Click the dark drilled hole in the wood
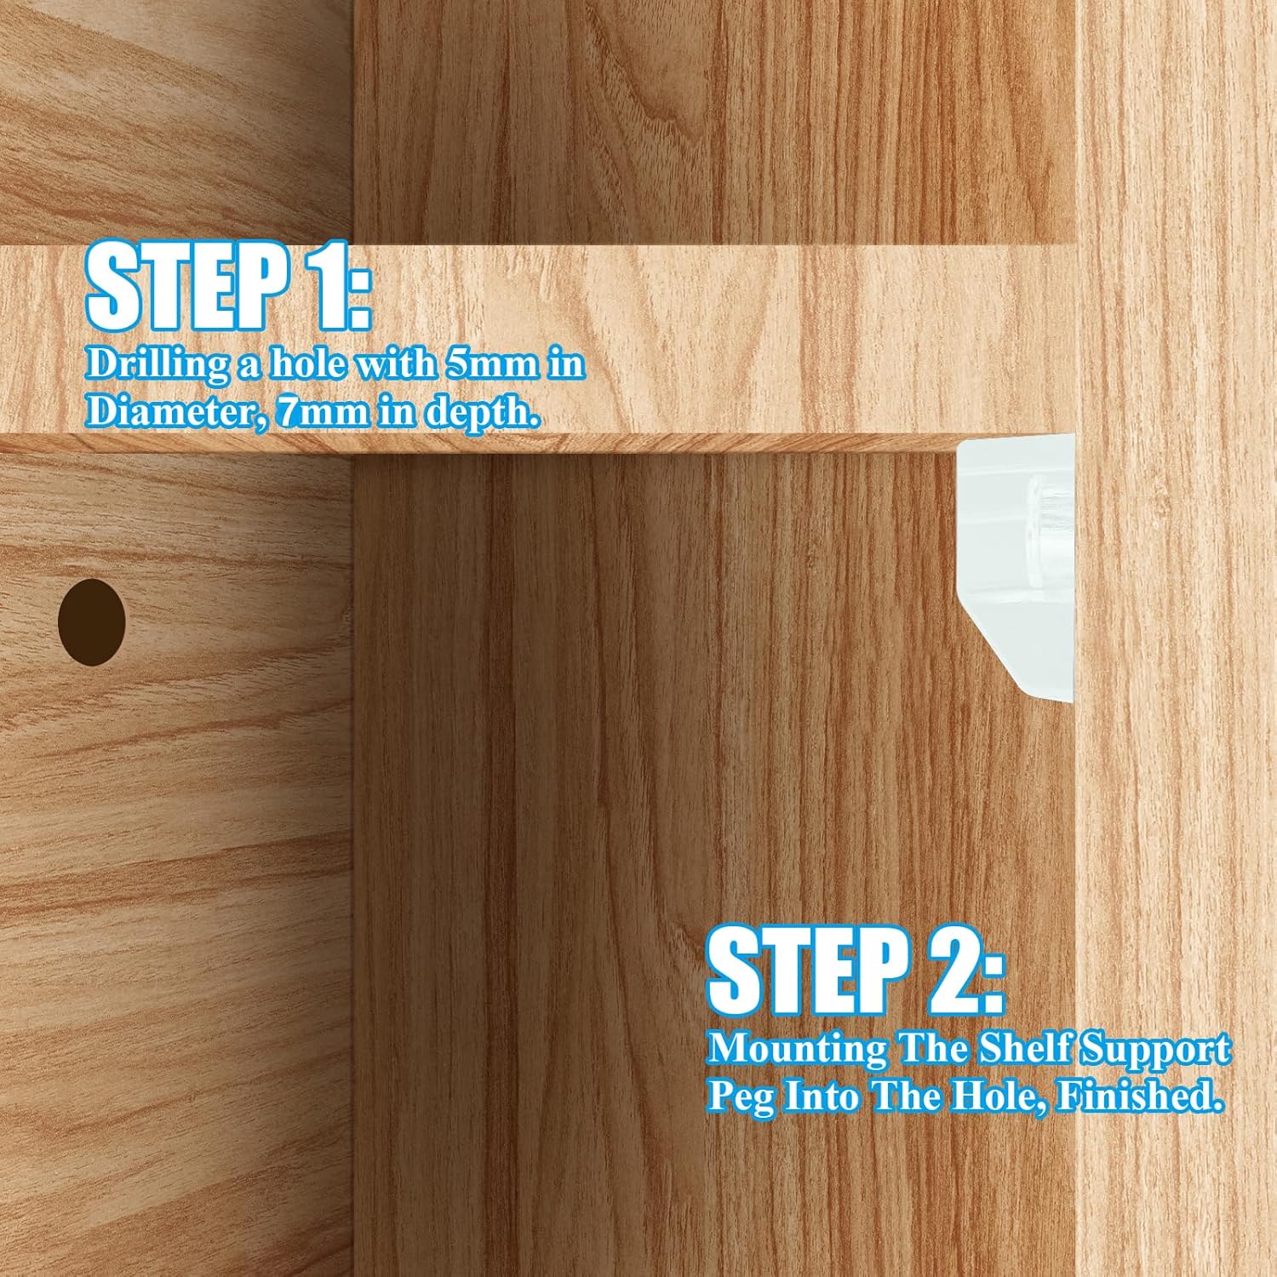(92, 621)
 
